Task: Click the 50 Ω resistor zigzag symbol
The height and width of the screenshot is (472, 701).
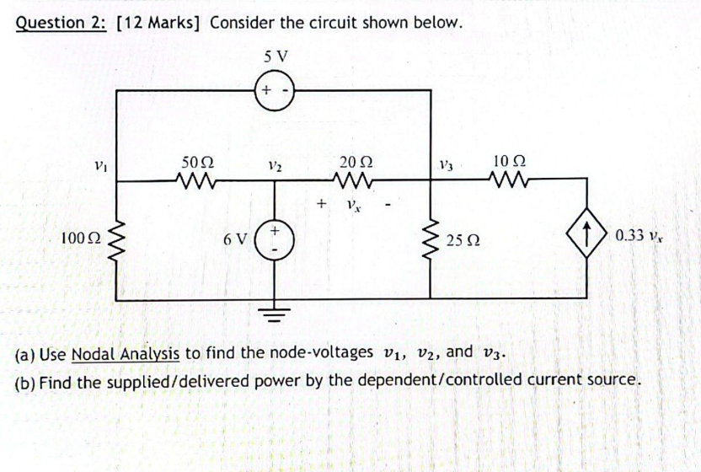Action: point(197,179)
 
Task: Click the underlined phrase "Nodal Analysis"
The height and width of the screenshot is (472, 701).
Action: point(126,352)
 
